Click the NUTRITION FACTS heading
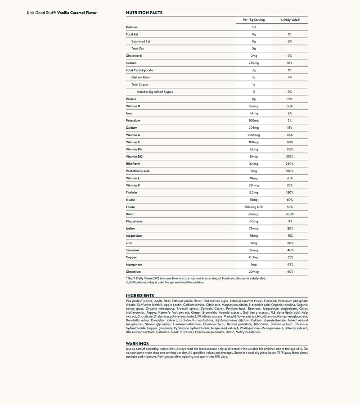(144, 13)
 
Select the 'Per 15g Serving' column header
(253, 20)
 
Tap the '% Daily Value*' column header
(289, 20)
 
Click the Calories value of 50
(253, 27)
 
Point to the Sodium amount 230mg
(253, 63)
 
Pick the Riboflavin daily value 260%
(289, 164)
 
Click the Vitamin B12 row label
(134, 157)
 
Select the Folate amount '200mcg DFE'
(253, 207)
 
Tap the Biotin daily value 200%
(289, 214)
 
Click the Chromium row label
(133, 272)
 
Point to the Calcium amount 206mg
(253, 128)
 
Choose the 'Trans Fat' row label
(137, 49)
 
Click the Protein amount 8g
(253, 99)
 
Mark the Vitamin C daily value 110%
(289, 142)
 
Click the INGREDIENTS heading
(140, 296)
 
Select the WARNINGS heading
(137, 343)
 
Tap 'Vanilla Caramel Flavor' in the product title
(77, 13)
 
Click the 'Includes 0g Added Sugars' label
(155, 92)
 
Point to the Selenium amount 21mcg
(253, 250)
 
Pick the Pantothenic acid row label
(138, 171)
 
